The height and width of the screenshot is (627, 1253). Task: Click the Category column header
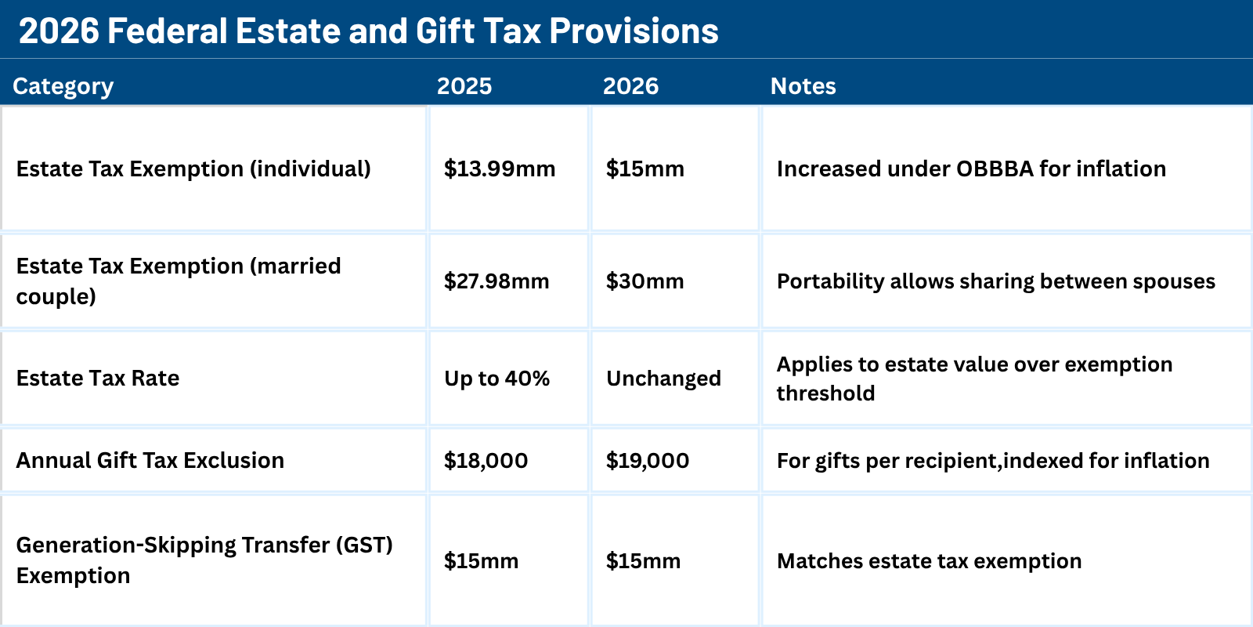tap(63, 86)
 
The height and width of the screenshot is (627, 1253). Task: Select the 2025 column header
tap(464, 86)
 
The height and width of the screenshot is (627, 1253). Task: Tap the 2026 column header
tap(630, 86)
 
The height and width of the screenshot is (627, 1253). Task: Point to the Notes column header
tap(803, 86)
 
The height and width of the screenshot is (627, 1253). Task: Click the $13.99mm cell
tap(500, 169)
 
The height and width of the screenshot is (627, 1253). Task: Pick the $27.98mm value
tap(497, 281)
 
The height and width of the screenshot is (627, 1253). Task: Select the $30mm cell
tap(645, 281)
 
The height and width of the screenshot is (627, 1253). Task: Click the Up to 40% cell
tap(497, 379)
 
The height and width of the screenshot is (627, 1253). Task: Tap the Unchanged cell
tap(663, 379)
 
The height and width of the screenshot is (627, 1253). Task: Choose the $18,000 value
tap(486, 461)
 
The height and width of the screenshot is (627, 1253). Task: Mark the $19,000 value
tap(648, 461)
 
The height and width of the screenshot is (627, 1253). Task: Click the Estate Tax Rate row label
tap(98, 379)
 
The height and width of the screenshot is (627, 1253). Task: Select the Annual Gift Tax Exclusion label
tap(150, 461)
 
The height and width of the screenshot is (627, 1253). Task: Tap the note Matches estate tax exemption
tap(929, 561)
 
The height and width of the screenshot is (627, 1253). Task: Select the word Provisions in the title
tap(634, 31)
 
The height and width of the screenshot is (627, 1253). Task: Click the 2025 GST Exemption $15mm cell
tap(481, 561)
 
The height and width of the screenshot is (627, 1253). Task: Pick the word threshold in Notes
tap(825, 393)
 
